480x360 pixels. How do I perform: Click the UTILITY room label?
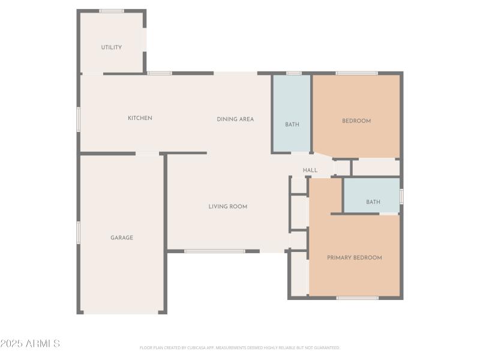click(x=112, y=47)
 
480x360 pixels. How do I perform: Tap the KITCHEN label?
click(x=140, y=118)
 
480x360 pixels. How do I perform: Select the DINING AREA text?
click(x=235, y=119)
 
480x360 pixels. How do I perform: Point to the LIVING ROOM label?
click(x=228, y=207)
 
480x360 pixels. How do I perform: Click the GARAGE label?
click(x=122, y=238)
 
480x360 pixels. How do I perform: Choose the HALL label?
click(x=310, y=170)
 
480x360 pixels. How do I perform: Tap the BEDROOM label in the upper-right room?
click(x=356, y=121)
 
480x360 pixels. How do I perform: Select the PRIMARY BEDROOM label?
click(x=354, y=258)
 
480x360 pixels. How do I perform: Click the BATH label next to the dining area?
click(x=292, y=125)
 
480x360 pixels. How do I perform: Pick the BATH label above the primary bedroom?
click(x=373, y=202)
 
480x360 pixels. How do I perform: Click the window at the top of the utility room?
click(x=112, y=11)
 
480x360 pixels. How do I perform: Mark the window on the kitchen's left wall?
click(x=78, y=119)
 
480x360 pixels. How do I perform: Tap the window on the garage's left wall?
click(x=78, y=232)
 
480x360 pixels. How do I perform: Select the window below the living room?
click(x=214, y=251)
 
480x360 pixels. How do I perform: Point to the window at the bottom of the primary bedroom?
click(x=357, y=298)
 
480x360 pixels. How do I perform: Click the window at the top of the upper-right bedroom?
click(x=356, y=73)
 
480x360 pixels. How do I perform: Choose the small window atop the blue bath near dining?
click(x=293, y=73)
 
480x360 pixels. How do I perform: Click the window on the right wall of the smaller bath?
click(x=401, y=196)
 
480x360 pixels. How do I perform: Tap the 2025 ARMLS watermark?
click(x=30, y=344)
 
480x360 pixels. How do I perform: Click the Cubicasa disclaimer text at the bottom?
click(x=240, y=347)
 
